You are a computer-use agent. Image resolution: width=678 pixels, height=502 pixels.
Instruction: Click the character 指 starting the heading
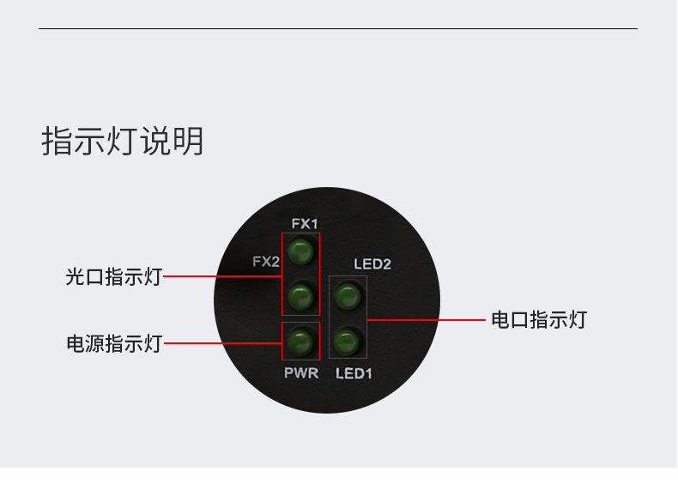[x=58, y=142]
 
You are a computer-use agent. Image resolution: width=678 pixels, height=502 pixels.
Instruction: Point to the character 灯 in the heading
[x=123, y=142]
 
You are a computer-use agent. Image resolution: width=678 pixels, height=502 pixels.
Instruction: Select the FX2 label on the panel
[x=266, y=261]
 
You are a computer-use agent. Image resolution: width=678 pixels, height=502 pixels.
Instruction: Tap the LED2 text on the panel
[x=372, y=264]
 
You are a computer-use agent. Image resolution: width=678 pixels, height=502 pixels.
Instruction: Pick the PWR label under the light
[x=301, y=373]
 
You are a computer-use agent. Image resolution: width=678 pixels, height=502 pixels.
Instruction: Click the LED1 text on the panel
[x=354, y=373]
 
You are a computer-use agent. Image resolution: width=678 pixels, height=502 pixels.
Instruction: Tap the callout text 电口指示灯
[x=539, y=320]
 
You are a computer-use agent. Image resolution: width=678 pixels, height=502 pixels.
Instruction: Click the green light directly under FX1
[x=300, y=253]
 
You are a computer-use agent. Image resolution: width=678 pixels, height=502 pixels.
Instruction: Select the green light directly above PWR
[x=300, y=342]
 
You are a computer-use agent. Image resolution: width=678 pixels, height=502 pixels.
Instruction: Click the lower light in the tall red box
[x=300, y=297]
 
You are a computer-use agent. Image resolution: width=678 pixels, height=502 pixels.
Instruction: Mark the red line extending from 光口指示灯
[x=221, y=276]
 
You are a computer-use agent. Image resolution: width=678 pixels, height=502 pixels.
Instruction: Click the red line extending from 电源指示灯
[x=221, y=343]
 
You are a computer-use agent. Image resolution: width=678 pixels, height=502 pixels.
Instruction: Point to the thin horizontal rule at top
[x=338, y=29]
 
